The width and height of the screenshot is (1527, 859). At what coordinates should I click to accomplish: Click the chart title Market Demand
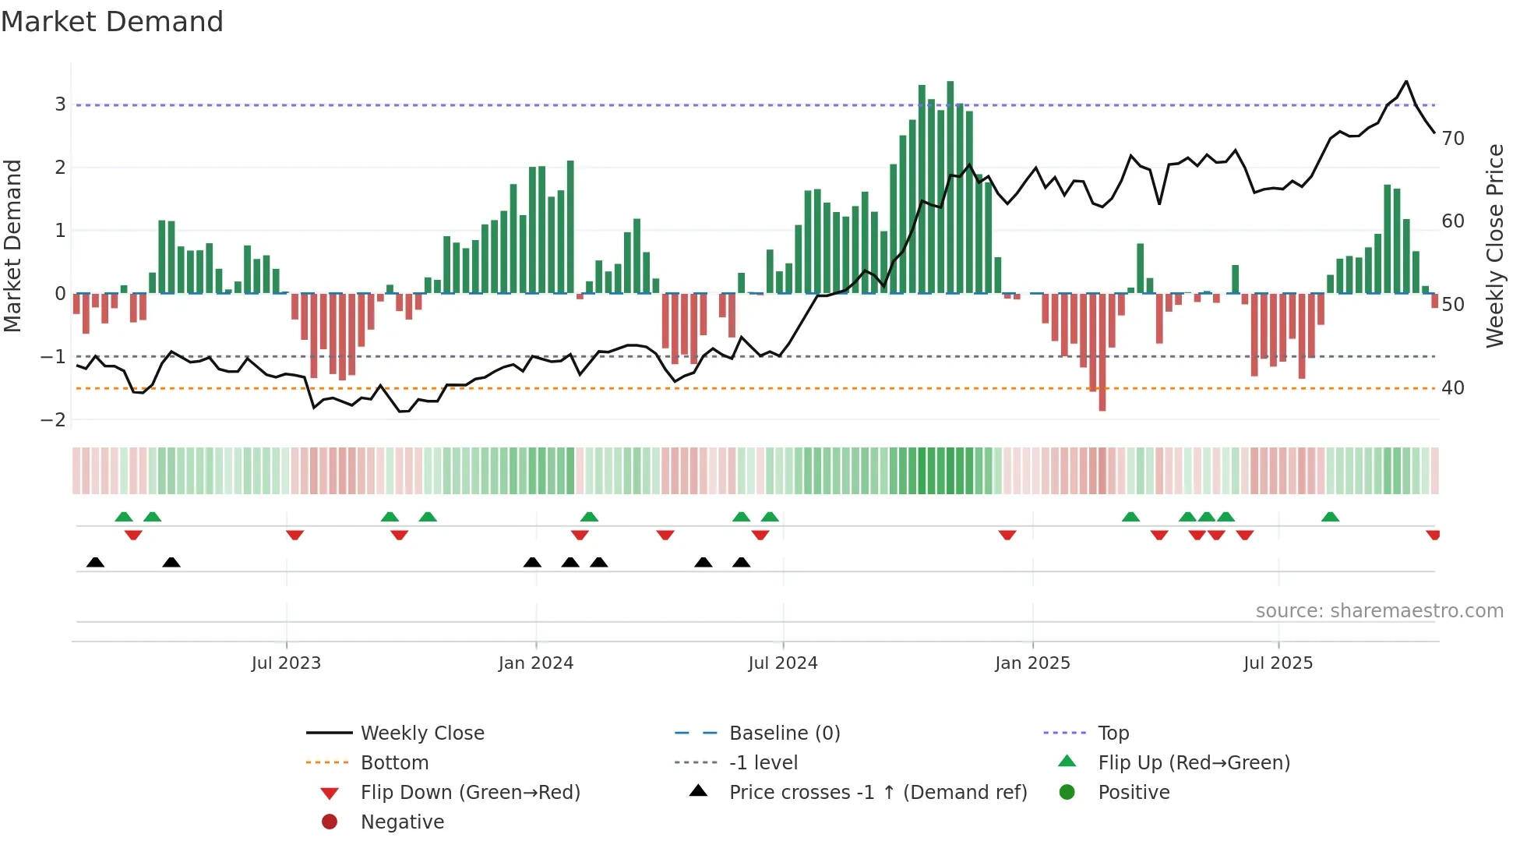click(x=112, y=22)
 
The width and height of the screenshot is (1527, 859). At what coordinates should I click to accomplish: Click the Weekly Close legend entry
click(x=421, y=734)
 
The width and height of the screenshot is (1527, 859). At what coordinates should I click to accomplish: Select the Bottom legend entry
click(x=394, y=763)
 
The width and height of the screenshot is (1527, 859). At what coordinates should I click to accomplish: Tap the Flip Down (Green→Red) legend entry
click(x=470, y=793)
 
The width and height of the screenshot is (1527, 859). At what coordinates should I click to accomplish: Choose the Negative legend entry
click(x=402, y=822)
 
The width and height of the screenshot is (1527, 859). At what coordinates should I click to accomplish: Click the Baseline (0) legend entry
click(x=784, y=734)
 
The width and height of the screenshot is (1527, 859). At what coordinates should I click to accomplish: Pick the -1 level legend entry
click(x=763, y=763)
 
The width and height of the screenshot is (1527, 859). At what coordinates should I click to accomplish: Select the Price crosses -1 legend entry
click(x=877, y=793)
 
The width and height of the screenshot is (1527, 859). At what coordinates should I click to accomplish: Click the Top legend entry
click(x=1113, y=734)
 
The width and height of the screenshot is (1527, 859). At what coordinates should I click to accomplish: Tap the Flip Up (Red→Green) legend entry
click(x=1194, y=763)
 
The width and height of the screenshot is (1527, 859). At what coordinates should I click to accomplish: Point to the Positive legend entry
click(x=1133, y=793)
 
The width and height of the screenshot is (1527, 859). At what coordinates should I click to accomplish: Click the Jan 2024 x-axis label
click(x=536, y=663)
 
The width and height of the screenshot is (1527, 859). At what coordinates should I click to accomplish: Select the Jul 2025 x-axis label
click(x=1278, y=663)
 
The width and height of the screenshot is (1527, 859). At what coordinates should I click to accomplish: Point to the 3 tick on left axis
click(x=60, y=104)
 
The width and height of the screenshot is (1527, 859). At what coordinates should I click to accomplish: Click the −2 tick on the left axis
click(x=54, y=420)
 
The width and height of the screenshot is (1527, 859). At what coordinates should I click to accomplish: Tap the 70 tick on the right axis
click(x=1453, y=139)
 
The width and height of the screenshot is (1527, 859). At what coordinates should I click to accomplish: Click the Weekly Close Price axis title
click(x=1494, y=246)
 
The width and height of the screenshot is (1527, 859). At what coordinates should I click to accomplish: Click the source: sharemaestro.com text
click(x=1379, y=611)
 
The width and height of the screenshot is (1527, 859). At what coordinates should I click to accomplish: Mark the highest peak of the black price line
click(x=1406, y=81)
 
